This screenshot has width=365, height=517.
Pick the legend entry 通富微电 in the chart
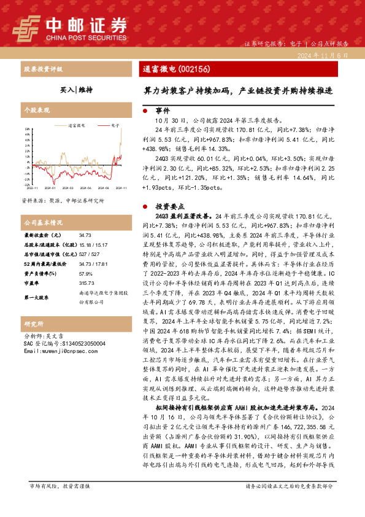pos(77,125)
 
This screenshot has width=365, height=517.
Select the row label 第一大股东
pos(37,297)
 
